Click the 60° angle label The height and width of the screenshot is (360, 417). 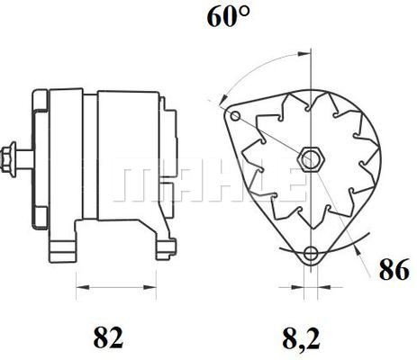pos(229,16)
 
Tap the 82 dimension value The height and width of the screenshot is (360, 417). pos(108,337)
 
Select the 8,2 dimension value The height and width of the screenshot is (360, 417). pos(301,337)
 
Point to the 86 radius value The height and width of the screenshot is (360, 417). pos(394,269)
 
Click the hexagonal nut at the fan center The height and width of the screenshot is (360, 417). pos(312,159)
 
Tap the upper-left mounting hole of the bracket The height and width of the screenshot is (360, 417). pos(235,115)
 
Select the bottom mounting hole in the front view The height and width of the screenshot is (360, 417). pos(310,254)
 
